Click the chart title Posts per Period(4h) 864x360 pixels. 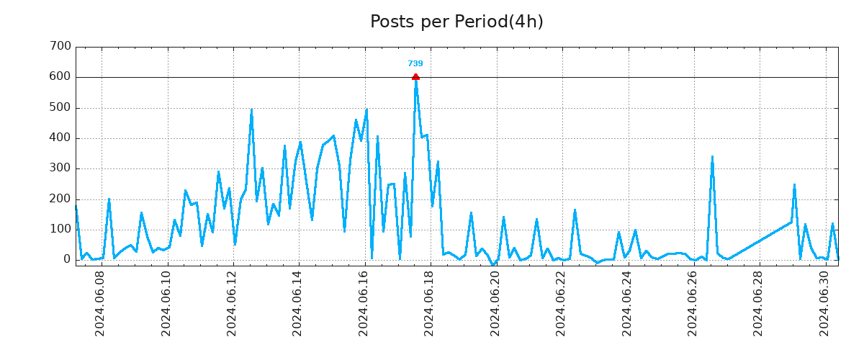point(456,22)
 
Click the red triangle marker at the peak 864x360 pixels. point(415,76)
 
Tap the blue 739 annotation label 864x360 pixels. point(415,64)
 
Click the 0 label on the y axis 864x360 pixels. point(67,260)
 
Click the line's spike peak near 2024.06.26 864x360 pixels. point(712,157)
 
